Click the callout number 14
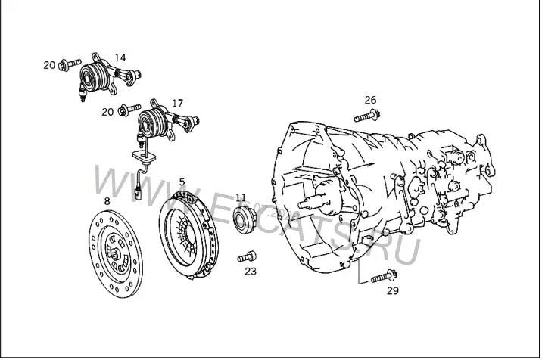coord(120,57)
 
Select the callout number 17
coord(178,103)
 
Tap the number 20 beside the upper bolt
coord(49,65)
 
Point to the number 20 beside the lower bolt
coord(107,112)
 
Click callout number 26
coord(370,100)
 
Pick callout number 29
coord(392,291)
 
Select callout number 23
coord(251,272)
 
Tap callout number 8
coord(107,200)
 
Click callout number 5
coord(182,182)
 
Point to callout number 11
coord(241,197)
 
